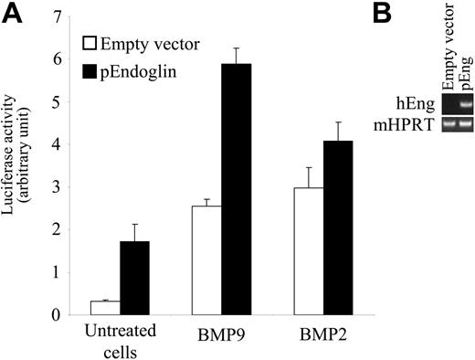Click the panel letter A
click(12, 13)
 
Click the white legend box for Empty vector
click(91, 43)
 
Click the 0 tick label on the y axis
click(59, 315)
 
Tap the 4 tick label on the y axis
click(59, 145)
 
